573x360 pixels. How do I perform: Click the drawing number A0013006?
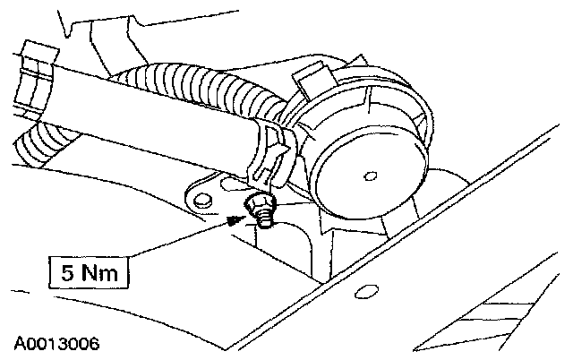[56, 342]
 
